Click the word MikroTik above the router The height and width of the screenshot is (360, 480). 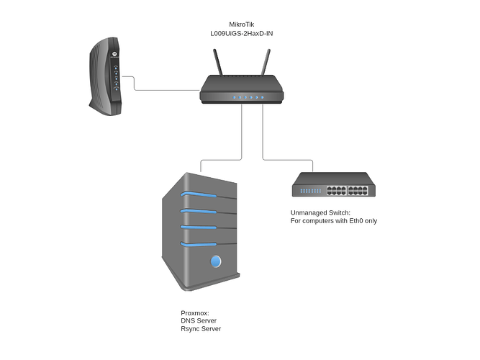click(x=242, y=24)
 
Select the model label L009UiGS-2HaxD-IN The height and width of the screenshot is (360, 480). click(x=242, y=33)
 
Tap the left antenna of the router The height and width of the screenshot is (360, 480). click(x=218, y=62)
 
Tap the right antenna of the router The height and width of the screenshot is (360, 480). click(x=266, y=62)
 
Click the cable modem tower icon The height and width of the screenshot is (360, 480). click(x=106, y=76)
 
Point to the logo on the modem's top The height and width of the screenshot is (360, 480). click(x=114, y=53)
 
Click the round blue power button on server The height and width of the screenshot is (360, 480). click(x=216, y=261)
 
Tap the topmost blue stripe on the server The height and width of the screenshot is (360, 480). click(x=199, y=194)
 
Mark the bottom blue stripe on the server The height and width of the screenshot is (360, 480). click(x=199, y=244)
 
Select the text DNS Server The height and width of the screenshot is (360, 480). click(x=199, y=321)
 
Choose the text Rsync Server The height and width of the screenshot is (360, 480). click(x=201, y=329)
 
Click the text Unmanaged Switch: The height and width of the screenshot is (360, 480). click(x=320, y=212)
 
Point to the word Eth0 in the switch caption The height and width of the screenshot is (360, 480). click(x=356, y=221)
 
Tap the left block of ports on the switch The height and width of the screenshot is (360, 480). click(x=336, y=191)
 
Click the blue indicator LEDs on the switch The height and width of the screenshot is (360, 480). click(x=311, y=191)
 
